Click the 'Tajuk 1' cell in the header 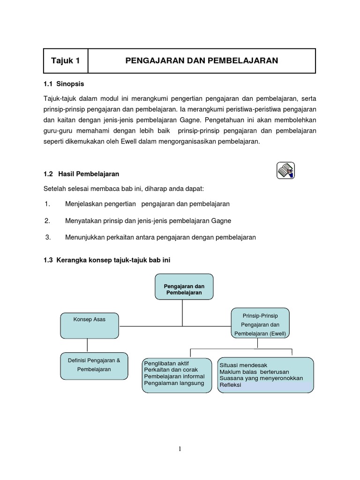(66, 60)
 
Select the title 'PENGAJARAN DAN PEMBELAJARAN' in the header (202, 60)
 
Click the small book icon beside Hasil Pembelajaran (285, 170)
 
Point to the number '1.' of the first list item (47, 204)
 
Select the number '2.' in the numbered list (47, 220)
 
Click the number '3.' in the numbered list (47, 237)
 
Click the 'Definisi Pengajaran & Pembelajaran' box (94, 365)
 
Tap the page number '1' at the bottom (180, 449)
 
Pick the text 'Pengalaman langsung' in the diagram (174, 383)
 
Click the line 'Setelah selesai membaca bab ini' (124, 188)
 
